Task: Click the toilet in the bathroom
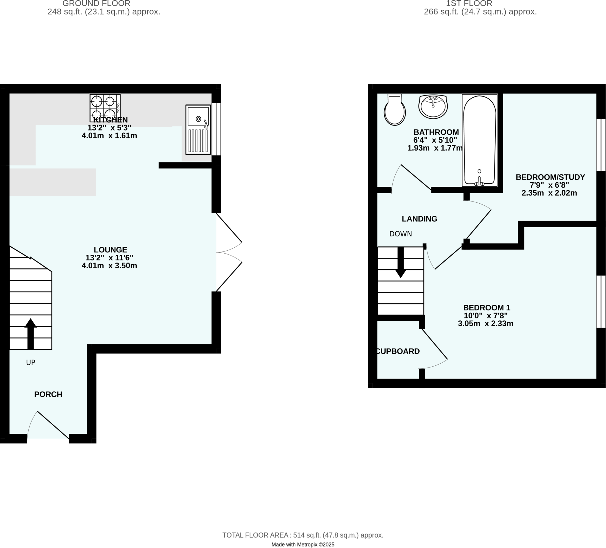pyautogui.click(x=395, y=110)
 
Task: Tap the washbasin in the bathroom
pyautogui.click(x=433, y=107)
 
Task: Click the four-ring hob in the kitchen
pyautogui.click(x=105, y=108)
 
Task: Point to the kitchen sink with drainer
pyautogui.click(x=198, y=130)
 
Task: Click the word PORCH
pyautogui.click(x=48, y=394)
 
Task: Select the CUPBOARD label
pyautogui.click(x=398, y=351)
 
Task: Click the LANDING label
pyautogui.click(x=419, y=219)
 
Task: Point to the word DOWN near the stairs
pyautogui.click(x=400, y=234)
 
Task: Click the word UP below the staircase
pyautogui.click(x=31, y=362)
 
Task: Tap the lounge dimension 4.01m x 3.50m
pyautogui.click(x=109, y=266)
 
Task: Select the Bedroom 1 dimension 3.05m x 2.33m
pyautogui.click(x=486, y=324)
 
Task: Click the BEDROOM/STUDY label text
pyautogui.click(x=550, y=177)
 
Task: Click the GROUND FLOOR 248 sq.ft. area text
pyautogui.click(x=104, y=12)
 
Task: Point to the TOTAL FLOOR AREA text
pyautogui.click(x=303, y=535)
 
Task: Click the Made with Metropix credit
pyautogui.click(x=303, y=544)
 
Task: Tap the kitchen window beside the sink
pyautogui.click(x=216, y=130)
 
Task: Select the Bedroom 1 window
pyautogui.click(x=601, y=302)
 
